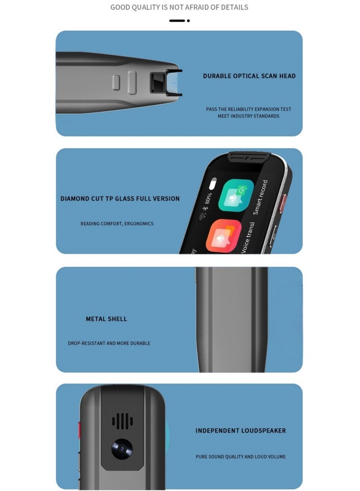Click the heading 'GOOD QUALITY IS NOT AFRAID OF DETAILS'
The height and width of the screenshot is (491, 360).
pyautogui.click(x=179, y=7)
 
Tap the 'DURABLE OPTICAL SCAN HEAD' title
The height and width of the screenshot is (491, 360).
pyautogui.click(x=249, y=76)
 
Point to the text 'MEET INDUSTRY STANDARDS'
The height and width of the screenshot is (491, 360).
pyautogui.click(x=248, y=116)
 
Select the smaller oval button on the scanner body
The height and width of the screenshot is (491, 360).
pyautogui.click(x=116, y=82)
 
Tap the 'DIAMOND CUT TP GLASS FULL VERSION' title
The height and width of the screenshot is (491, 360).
pyautogui.click(x=120, y=198)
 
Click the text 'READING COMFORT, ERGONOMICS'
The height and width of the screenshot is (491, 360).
pyautogui.click(x=117, y=223)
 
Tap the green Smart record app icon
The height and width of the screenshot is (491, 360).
pyautogui.click(x=236, y=195)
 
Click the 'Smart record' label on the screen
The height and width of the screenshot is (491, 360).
pyautogui.click(x=260, y=197)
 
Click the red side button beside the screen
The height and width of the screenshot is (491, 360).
pyautogui.click(x=283, y=204)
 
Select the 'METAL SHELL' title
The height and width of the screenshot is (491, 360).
pyautogui.click(x=106, y=319)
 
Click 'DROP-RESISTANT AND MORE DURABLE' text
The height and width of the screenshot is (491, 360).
pyautogui.click(x=109, y=343)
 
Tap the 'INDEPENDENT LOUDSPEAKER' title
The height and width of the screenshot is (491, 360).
pyautogui.click(x=240, y=430)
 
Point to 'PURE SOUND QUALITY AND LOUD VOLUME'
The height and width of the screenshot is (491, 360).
pyautogui.click(x=240, y=456)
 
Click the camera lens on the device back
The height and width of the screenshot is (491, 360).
pyautogui.click(x=122, y=449)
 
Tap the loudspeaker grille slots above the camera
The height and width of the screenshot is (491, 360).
pyautogui.click(x=122, y=421)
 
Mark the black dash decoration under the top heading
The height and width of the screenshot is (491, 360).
pyautogui.click(x=177, y=21)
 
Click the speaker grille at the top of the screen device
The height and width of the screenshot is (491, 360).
pyautogui.click(x=249, y=157)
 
